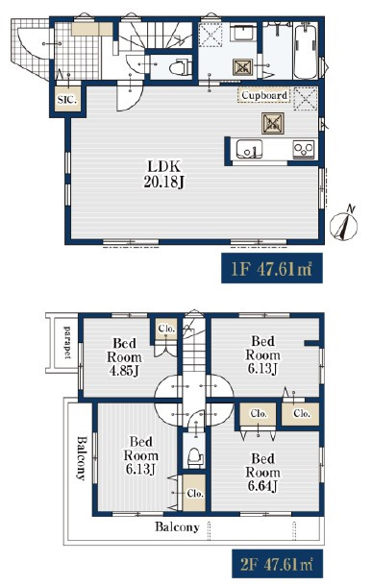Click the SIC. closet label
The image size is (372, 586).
pos(67,100)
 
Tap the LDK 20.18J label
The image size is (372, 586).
pos(164,174)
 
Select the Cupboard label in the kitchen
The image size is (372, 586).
pos(264,95)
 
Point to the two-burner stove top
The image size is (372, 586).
pos(303,150)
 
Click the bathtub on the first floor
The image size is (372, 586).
pos(306,50)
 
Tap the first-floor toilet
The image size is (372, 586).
pos(181,68)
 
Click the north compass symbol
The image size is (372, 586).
pos(344,223)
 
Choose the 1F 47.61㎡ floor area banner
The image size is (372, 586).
pos(272,268)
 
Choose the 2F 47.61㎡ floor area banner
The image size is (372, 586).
pos(277,564)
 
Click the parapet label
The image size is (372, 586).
pos(67,342)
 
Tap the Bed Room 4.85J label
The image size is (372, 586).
pos(124,357)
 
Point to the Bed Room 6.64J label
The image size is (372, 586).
pos(262,472)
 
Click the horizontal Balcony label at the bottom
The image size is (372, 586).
pos(177,527)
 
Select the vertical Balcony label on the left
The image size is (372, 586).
pos(81,458)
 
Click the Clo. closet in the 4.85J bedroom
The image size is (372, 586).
pos(166,329)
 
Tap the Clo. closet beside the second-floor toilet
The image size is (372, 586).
pos(194,493)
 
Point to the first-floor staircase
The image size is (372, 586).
pos(156,35)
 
